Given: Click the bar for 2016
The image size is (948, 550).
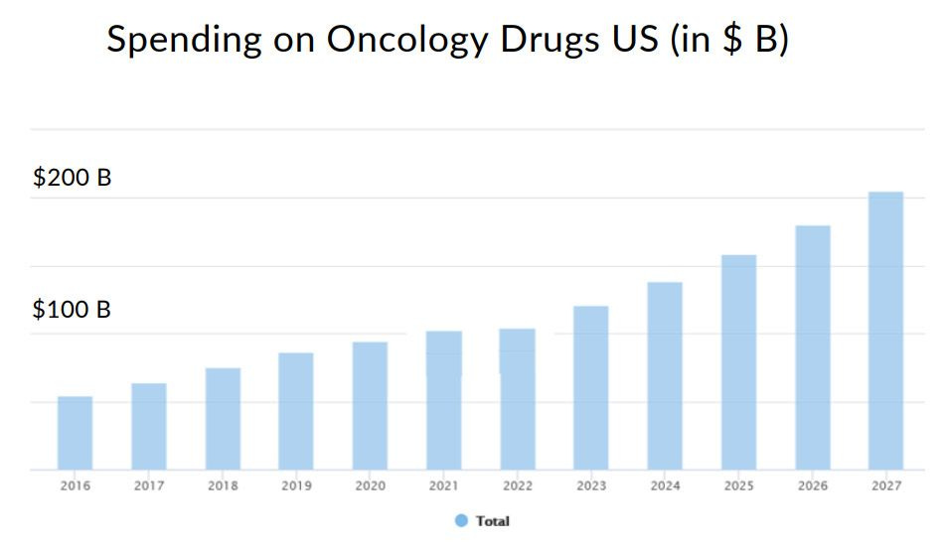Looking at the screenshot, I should [75, 433].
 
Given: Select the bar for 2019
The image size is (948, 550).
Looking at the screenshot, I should [296, 411].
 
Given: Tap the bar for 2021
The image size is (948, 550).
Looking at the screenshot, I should [443, 400].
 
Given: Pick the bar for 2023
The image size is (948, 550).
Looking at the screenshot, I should [591, 387].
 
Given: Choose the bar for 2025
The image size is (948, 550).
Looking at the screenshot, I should [738, 362].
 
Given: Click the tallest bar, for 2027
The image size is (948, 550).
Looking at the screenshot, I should [885, 331].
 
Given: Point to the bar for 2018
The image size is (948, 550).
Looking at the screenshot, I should [223, 419].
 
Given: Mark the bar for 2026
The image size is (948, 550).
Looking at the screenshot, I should [812, 347].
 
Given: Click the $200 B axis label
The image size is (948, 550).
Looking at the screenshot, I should [72, 179].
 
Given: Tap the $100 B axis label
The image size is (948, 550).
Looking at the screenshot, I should [72, 310].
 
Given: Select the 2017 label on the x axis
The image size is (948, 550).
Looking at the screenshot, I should [149, 486].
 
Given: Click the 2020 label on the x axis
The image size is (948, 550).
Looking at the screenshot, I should [370, 486].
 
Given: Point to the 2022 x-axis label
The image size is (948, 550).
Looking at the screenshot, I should [517, 486].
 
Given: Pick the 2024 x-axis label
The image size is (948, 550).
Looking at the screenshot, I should [665, 486].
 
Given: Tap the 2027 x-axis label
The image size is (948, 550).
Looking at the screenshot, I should [885, 486].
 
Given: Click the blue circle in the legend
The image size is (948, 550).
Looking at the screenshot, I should [461, 521].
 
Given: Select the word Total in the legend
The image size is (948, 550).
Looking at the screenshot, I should [492, 521].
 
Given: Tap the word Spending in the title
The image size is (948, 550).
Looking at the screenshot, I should [184, 41].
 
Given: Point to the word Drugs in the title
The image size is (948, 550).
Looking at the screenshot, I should [546, 41].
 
